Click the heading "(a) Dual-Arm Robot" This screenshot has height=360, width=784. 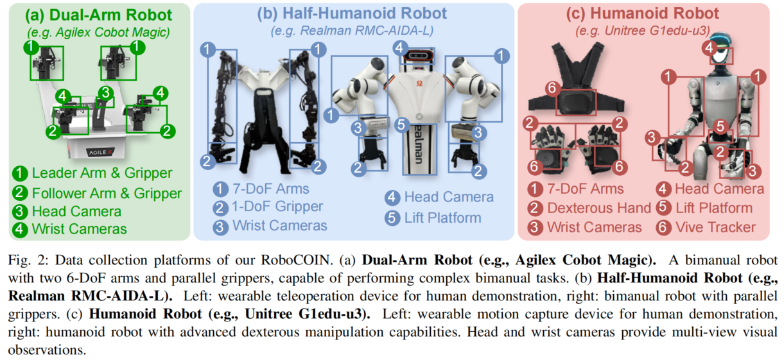coord(96,15)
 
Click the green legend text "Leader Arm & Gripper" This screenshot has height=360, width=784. coord(101,173)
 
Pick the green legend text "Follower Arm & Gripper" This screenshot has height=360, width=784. coord(107,193)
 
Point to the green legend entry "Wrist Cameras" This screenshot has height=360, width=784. coord(78,228)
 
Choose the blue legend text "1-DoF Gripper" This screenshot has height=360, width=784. coord(277,207)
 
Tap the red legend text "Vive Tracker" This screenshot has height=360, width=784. coord(715,227)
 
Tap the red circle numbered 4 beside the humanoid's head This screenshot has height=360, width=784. coord(709,47)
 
